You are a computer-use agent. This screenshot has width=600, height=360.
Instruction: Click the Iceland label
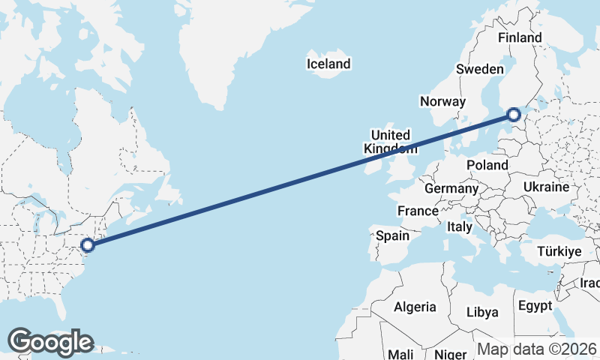(x=328, y=64)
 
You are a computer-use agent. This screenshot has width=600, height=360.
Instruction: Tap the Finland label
(x=519, y=37)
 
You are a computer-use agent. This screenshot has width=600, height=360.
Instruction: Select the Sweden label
(x=479, y=69)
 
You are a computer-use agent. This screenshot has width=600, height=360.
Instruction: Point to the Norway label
(x=442, y=102)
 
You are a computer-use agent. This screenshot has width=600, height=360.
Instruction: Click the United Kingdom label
(x=391, y=142)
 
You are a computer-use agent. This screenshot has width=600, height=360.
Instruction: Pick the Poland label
(x=487, y=165)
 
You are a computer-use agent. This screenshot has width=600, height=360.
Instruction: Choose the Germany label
(x=451, y=188)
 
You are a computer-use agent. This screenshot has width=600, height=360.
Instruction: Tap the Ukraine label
(x=547, y=187)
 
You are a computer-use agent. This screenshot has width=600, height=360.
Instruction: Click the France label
(x=418, y=211)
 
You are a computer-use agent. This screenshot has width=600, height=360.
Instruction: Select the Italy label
(x=459, y=226)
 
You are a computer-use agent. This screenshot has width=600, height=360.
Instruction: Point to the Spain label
(x=392, y=235)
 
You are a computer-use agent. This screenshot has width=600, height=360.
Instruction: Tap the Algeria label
(x=415, y=307)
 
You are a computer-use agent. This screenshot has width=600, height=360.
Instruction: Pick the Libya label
(x=482, y=311)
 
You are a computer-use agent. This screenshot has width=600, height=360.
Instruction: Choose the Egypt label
(x=535, y=306)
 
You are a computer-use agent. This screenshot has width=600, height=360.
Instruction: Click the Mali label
(x=400, y=353)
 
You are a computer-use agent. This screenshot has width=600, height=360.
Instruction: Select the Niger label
(x=451, y=353)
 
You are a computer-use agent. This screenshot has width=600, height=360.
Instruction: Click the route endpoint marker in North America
(x=88, y=244)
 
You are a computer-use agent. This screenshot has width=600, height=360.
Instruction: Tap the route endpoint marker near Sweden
(x=513, y=115)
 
